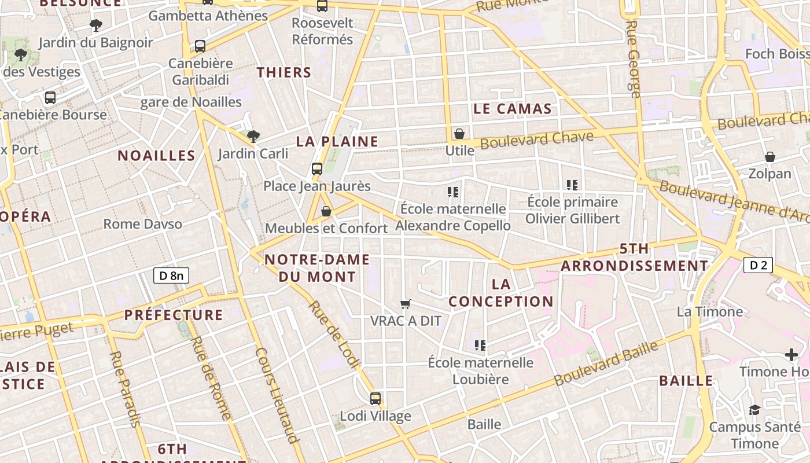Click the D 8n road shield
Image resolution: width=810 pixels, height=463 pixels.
[x=171, y=275]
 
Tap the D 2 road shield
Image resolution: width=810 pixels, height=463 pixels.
[x=758, y=265]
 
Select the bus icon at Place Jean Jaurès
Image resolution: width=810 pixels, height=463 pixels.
[x=317, y=169]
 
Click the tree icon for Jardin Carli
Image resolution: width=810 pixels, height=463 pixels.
[x=253, y=137]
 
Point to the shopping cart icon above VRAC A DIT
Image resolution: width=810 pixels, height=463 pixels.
[x=406, y=304]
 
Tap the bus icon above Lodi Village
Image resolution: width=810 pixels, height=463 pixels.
[x=375, y=398]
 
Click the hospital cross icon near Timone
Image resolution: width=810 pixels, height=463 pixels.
[x=791, y=355]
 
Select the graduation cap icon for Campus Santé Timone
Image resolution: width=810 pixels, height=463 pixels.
[x=754, y=410]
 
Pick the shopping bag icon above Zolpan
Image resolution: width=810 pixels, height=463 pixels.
[x=770, y=157]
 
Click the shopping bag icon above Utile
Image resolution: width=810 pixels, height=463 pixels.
[x=459, y=134]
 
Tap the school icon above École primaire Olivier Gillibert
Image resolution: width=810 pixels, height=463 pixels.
[x=572, y=185]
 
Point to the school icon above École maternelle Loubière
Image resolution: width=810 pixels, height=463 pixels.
[x=480, y=346]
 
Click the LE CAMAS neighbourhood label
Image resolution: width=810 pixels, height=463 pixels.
[x=513, y=109]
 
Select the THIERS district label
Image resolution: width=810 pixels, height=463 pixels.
[x=284, y=72]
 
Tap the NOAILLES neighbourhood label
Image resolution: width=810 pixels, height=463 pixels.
[x=157, y=155]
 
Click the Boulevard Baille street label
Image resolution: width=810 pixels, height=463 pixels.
[x=606, y=364]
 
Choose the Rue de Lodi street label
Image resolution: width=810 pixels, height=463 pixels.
[x=334, y=334]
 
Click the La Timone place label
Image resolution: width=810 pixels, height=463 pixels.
[x=710, y=311]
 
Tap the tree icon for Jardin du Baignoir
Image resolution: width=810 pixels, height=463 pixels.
[x=96, y=25]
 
